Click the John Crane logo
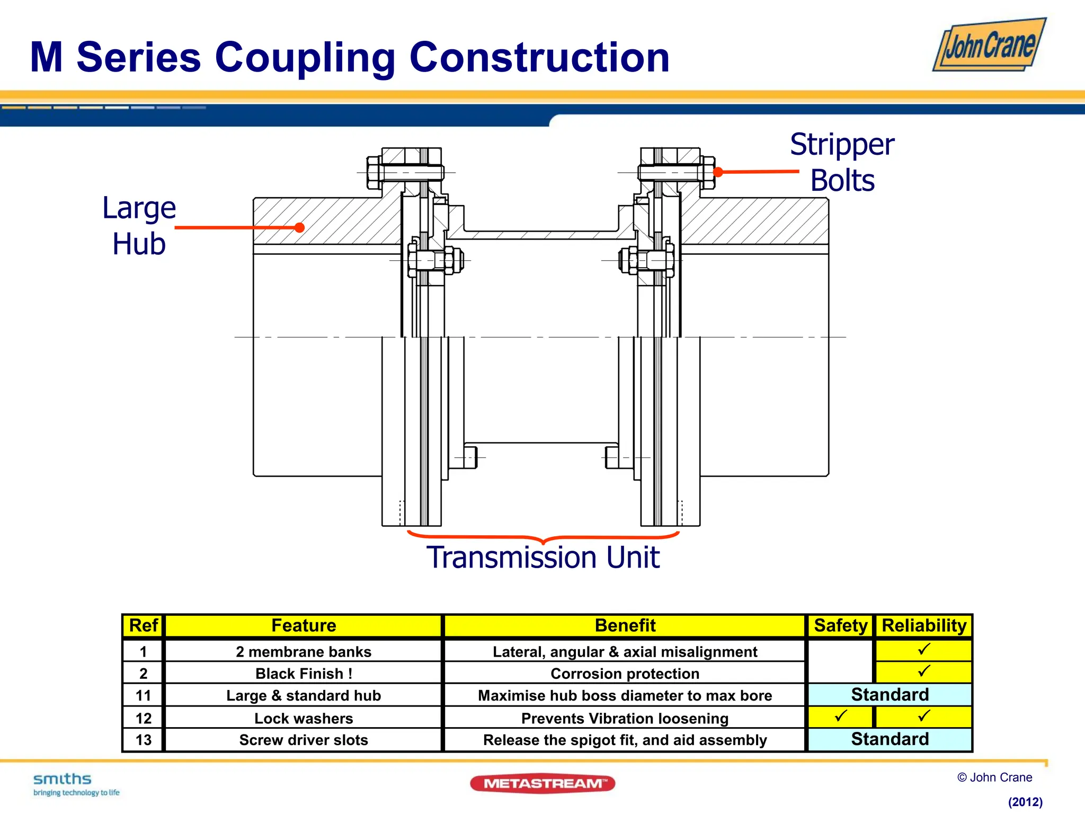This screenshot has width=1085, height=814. pos(989,45)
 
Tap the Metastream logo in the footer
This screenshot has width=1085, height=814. pos(542,783)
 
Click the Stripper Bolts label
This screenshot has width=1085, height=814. pos(842,162)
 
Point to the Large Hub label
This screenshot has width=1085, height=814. pos(139,226)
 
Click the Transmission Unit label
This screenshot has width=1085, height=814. pos(543,558)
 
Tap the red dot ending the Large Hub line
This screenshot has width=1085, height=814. pos(299,227)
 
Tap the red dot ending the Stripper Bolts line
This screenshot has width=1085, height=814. pos(718,172)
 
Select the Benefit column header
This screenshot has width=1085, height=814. pos(625,625)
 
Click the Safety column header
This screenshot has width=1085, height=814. pos(840,625)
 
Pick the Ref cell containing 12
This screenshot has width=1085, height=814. pos(143,718)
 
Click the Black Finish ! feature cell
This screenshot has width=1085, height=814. pos(304,674)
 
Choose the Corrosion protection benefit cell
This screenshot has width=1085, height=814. pos(625,674)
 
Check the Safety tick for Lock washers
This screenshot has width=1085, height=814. pos(840,716)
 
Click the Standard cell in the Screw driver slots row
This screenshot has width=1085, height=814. pos(890,739)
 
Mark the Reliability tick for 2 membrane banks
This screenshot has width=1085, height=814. pos(924,650)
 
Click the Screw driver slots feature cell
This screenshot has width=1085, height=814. pos(304,740)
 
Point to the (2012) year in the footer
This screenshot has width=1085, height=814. pos(1025,802)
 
